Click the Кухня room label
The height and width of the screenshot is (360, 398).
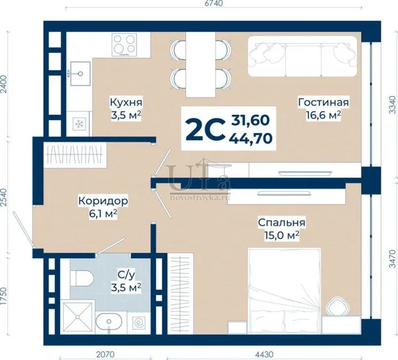(126, 103)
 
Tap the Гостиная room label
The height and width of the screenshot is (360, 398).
(324, 102)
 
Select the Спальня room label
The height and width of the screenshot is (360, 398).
(281, 223)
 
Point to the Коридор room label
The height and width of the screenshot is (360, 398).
(103, 201)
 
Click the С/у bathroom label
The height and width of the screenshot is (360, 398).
(126, 274)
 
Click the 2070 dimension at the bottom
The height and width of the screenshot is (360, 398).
(106, 354)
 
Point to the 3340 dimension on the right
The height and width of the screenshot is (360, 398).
(393, 105)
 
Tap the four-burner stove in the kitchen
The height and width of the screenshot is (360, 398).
(124, 45)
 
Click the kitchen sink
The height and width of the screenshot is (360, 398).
(80, 74)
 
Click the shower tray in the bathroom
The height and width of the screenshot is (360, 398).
(78, 317)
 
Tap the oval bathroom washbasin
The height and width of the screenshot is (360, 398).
(109, 322)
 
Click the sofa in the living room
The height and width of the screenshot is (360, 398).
(302, 56)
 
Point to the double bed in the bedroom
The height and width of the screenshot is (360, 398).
(284, 291)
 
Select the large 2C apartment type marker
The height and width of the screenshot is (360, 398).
(205, 129)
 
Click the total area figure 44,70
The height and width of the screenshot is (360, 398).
(251, 139)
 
